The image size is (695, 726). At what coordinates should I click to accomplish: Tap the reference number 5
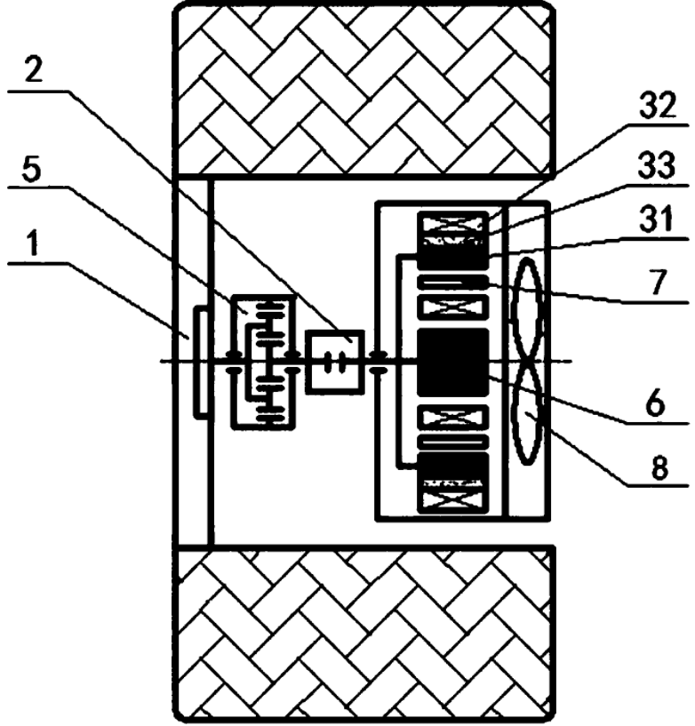[x=31, y=170]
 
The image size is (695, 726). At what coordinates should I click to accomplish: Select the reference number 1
[x=32, y=243]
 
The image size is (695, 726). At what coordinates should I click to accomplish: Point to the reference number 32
[x=658, y=106]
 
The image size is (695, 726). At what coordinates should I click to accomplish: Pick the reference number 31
[x=658, y=219]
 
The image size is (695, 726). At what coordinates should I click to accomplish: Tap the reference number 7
[x=658, y=282]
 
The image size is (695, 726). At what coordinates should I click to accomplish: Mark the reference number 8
[x=659, y=467]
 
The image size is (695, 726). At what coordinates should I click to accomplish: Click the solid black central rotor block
[x=453, y=362]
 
